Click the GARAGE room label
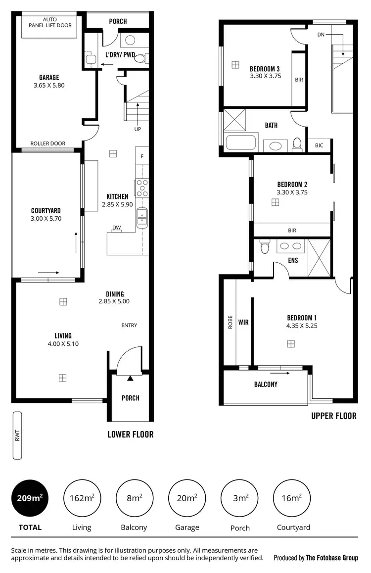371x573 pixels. click(49, 77)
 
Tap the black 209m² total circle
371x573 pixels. click(30, 498)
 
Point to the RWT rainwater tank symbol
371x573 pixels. click(18, 435)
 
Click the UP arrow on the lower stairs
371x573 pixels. click(138, 115)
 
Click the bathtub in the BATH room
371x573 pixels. click(241, 143)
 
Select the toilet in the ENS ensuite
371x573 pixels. click(265, 247)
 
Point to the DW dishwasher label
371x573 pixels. click(117, 228)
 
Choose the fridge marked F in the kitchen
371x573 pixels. click(142, 157)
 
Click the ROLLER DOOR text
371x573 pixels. click(48, 144)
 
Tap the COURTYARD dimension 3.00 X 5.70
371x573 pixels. click(46, 218)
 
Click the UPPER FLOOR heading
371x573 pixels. click(333, 416)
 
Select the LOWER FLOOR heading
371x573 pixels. click(131, 434)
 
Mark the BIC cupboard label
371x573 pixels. click(319, 145)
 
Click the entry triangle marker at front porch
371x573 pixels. click(130, 379)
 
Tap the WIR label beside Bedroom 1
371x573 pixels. click(243, 323)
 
